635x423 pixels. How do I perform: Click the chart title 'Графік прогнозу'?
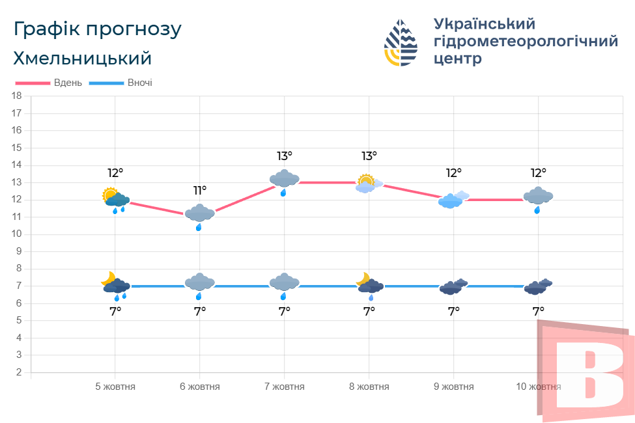point(97,29)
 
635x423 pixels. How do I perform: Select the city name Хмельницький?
point(82,58)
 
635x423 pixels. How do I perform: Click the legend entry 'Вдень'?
point(68,83)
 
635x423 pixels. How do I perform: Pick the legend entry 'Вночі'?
point(140,83)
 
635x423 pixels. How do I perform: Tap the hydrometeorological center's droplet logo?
point(401,43)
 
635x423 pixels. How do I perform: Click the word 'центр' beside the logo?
point(458,59)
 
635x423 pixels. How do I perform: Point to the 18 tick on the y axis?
point(17,96)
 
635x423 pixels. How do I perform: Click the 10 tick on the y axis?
point(17,234)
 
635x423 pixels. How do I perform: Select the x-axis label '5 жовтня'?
point(115,387)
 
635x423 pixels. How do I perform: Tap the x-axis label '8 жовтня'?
point(369,387)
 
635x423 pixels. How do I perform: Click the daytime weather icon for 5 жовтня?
point(115,198)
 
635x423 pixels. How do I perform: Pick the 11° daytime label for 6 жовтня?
point(200,191)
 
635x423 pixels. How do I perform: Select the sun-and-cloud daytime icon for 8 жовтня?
point(369,184)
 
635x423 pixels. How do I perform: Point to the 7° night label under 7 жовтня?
point(285,312)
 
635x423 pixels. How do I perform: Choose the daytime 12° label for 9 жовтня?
point(454,173)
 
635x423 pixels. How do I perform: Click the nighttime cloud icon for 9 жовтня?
point(453,286)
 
